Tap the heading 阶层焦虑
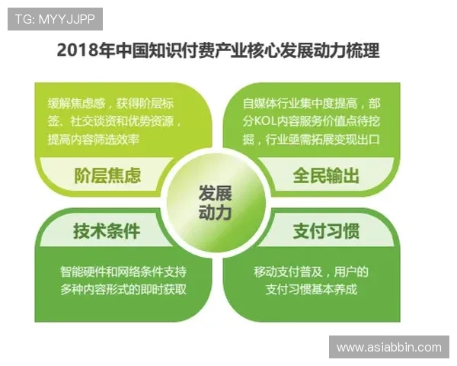pos(107,175)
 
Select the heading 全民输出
pos(327,175)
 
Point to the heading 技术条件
pos(107,230)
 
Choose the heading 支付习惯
pos(327,230)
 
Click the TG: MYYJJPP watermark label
pos(55,18)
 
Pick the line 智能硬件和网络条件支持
pos(123,272)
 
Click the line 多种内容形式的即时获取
pos(123,290)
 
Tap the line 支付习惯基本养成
pos(311,290)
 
